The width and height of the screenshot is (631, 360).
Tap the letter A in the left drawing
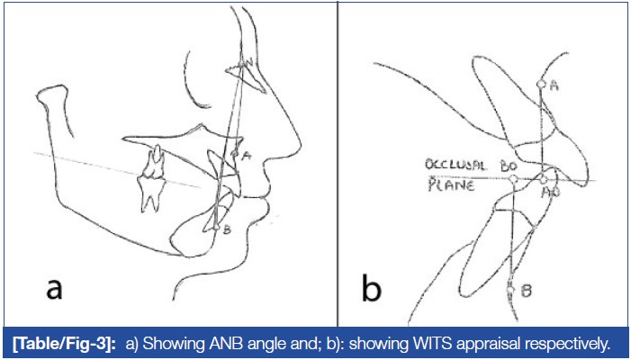(246, 155)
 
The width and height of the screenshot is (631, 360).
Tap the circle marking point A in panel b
(540, 84)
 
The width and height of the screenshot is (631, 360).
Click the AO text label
(547, 193)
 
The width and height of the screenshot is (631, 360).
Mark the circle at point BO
(512, 180)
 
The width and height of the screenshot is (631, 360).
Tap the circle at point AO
(543, 180)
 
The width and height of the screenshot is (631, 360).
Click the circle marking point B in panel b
(510, 288)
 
